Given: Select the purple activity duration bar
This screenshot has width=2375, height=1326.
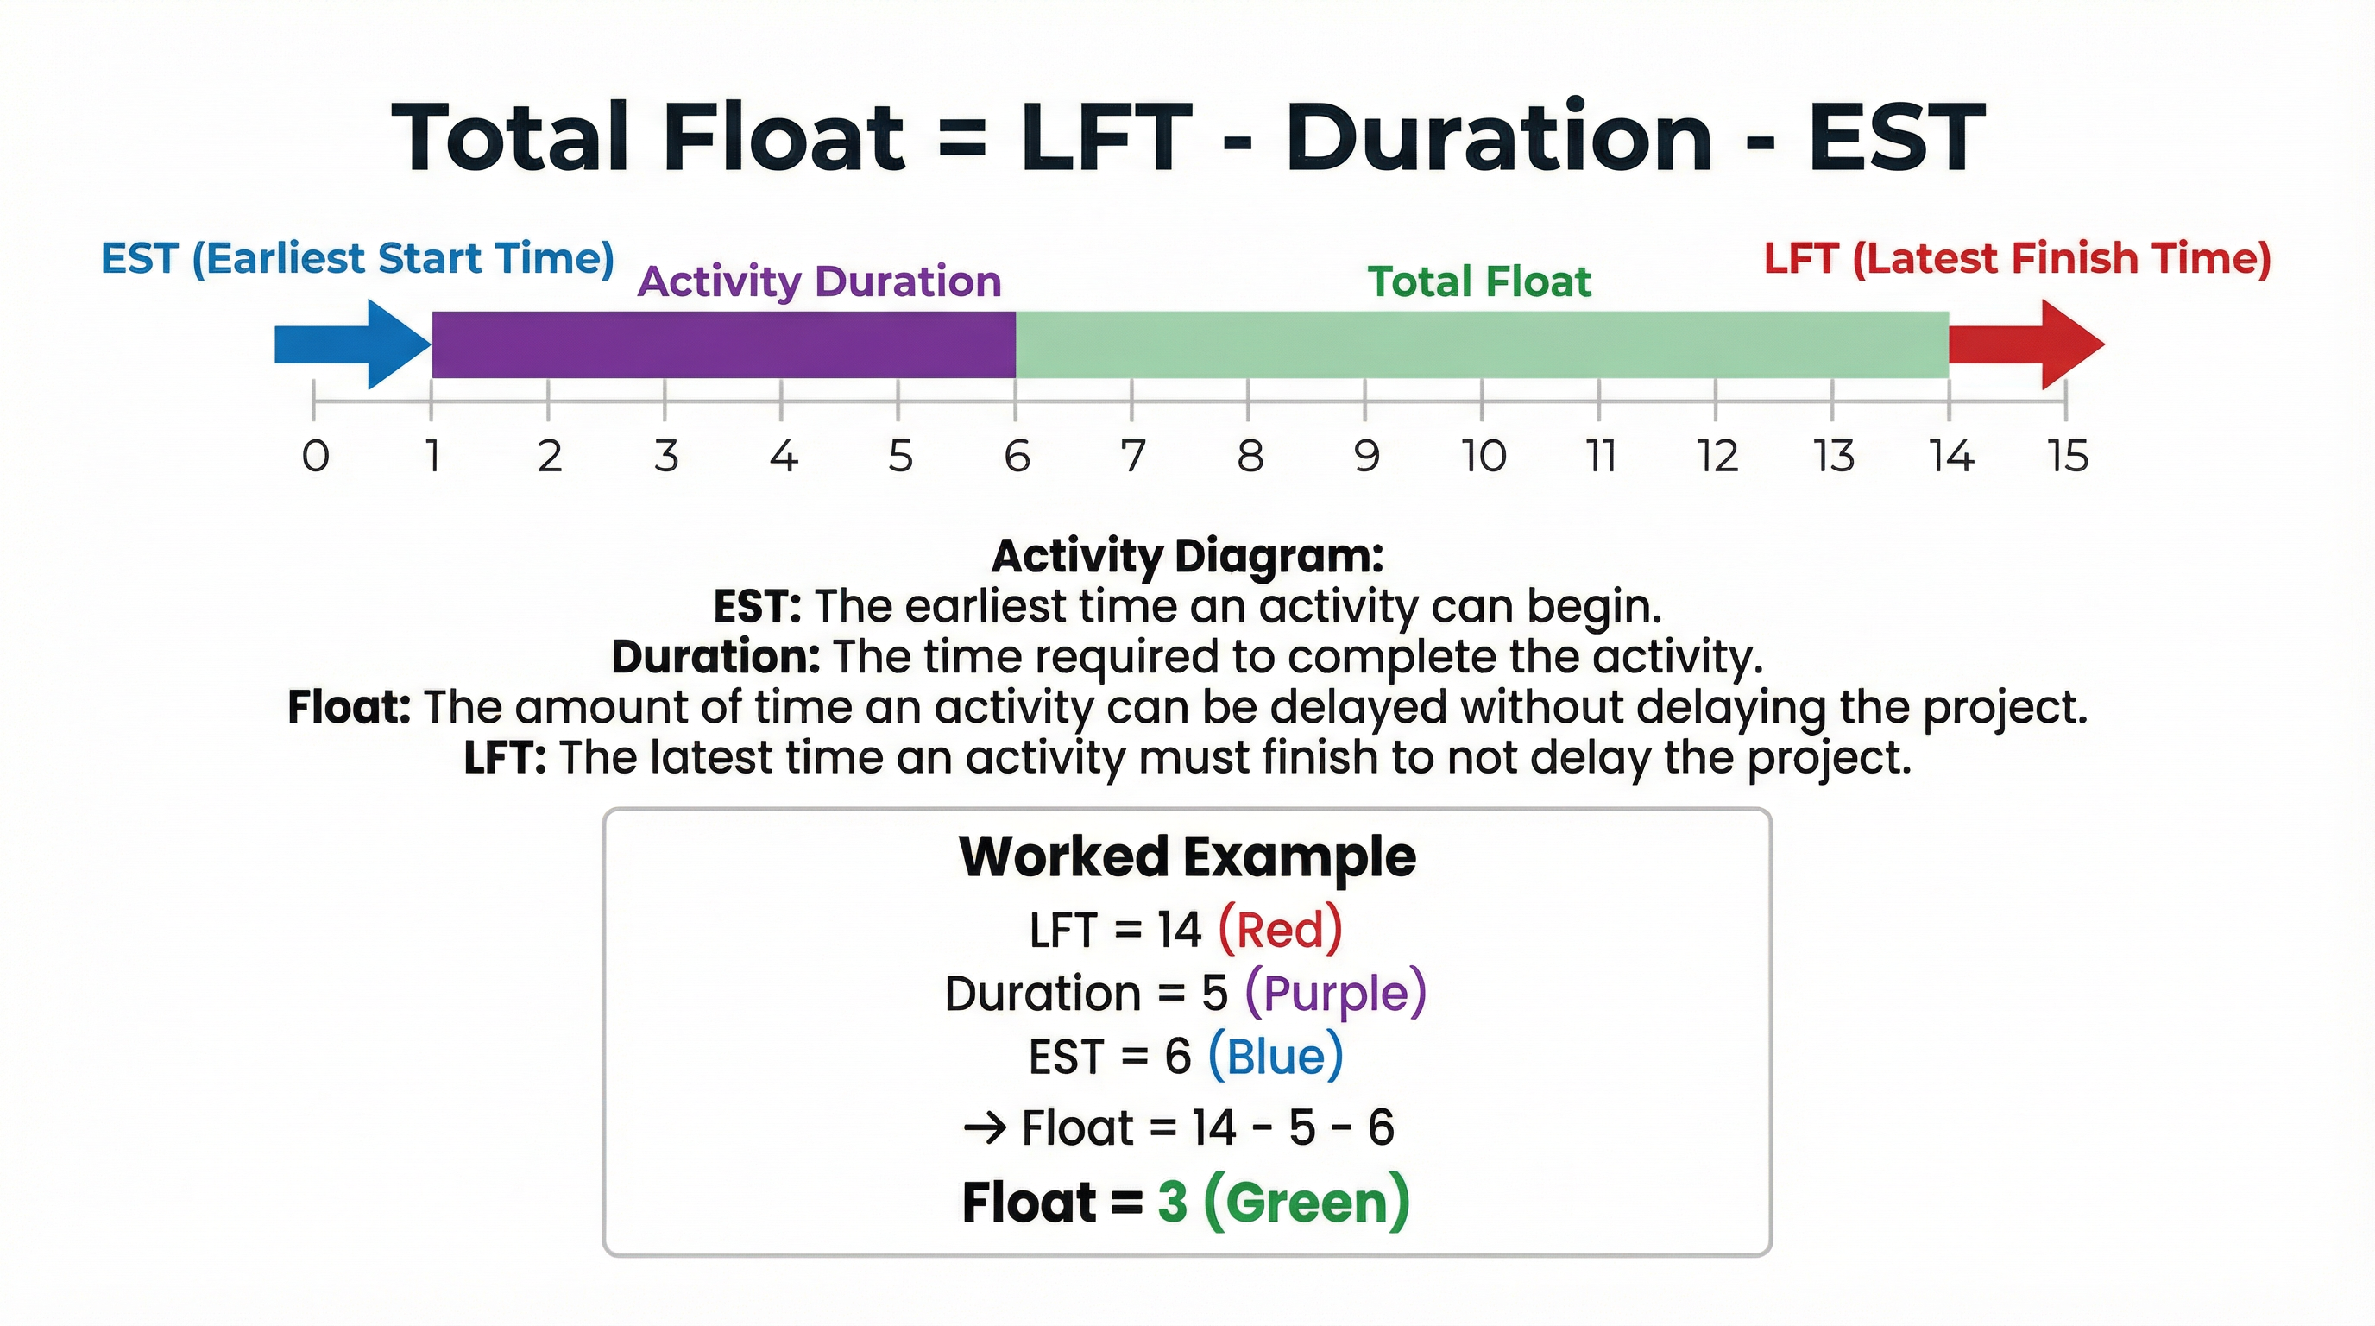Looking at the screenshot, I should click(x=724, y=344).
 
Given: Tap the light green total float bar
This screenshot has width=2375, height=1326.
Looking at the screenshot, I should click(x=1482, y=344).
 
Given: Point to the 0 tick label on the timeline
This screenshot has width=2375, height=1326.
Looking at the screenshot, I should click(x=315, y=456).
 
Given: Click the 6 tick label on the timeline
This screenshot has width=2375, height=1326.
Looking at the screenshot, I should click(x=1016, y=456).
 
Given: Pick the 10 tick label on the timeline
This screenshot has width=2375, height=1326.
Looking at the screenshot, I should click(x=1484, y=456).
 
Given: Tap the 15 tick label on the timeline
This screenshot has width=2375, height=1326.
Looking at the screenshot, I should click(x=2068, y=456).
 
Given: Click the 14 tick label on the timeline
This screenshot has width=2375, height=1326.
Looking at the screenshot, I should click(x=1952, y=456).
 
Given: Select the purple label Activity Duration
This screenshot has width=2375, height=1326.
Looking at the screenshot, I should click(x=819, y=281).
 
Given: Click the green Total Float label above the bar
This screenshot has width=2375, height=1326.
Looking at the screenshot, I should click(x=1479, y=281).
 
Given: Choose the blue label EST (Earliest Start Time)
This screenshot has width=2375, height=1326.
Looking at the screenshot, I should click(x=356, y=258).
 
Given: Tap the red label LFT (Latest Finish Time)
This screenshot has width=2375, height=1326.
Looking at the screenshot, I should click(x=2016, y=258).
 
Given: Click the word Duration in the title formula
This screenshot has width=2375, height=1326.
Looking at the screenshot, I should click(x=1499, y=138).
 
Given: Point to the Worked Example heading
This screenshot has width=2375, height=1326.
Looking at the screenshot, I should click(x=1187, y=856).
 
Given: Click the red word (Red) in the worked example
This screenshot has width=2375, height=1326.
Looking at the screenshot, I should click(x=1280, y=929).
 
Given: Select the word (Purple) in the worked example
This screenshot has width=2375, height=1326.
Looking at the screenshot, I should click(x=1335, y=994).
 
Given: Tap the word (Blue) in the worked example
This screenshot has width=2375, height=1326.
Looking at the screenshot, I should click(x=1275, y=1057).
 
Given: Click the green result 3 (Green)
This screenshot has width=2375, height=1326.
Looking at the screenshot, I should click(x=1283, y=1203).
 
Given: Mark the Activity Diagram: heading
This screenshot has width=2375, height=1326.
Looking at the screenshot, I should click(x=1187, y=555).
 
